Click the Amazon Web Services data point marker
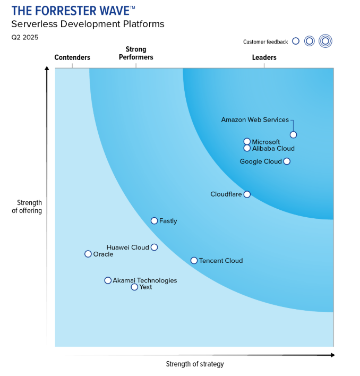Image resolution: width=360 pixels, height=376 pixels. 293,135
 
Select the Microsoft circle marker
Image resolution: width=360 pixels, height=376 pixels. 247,142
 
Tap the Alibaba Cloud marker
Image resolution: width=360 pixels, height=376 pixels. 247,149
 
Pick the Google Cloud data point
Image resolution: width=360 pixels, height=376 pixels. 287,161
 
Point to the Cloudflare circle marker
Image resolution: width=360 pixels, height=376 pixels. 247,194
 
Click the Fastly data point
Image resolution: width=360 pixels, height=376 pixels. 154,221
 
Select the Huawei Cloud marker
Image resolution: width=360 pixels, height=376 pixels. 154,247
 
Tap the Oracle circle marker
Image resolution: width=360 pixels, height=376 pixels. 88,254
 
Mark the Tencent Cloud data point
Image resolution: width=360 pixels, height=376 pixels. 194,261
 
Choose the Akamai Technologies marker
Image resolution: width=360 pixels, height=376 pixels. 108,280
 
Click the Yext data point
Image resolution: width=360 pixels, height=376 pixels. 134,287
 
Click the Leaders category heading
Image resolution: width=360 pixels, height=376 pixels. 264,57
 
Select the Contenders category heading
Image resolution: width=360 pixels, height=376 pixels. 72,57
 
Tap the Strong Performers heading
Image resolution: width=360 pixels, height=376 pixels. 136,53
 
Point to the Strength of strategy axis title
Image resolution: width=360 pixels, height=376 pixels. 195,364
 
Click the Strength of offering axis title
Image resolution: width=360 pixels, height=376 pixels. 29,207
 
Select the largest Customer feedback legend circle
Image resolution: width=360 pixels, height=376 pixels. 325,41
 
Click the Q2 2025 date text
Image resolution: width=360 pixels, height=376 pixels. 25,37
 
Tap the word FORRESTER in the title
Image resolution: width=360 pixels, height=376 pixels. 64,10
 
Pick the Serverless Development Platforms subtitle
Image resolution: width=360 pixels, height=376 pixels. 88,24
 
